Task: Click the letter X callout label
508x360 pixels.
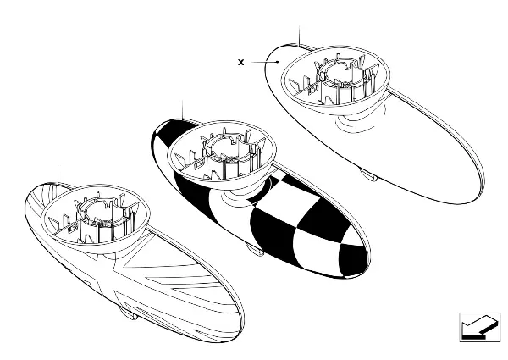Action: pos(240,62)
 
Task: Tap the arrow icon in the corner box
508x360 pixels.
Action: pos(479,327)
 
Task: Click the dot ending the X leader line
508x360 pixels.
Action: pos(278,62)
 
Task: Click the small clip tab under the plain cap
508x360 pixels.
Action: pos(369,175)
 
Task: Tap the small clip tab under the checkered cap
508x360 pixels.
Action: pos(255,249)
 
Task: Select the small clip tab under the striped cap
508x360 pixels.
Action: pos(129,313)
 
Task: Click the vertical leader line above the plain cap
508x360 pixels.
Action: pos(300,36)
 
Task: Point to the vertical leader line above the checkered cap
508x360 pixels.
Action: pos(183,110)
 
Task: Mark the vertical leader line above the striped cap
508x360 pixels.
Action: pos(58,175)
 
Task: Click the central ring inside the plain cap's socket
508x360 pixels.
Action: pos(340,72)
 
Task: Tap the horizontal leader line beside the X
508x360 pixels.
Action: pos(263,62)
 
